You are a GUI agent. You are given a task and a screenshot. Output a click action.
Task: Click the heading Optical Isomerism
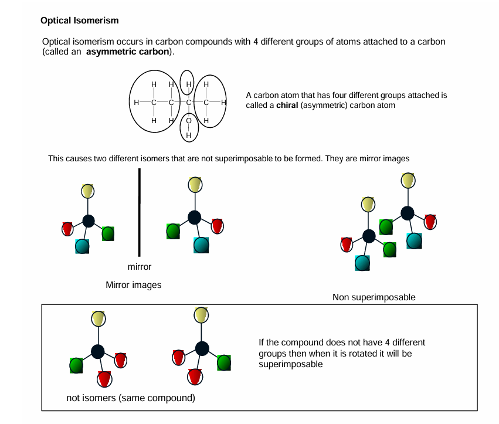tap(79, 21)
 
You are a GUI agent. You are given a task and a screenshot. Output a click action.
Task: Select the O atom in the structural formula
tap(189, 121)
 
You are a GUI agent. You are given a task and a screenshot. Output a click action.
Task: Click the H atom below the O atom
tap(189, 135)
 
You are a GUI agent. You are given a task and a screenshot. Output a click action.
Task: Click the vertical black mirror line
tap(140, 212)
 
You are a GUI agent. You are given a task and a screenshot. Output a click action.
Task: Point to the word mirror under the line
tap(140, 267)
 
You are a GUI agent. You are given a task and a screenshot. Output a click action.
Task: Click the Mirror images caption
tap(133, 285)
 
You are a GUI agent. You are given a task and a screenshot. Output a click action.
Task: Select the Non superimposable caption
tap(374, 297)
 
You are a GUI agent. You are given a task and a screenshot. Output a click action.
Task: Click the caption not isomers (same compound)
tap(130, 398)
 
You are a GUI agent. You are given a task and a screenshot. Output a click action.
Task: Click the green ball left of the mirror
tap(108, 233)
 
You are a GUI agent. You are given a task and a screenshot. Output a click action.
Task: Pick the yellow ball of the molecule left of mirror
tap(88, 191)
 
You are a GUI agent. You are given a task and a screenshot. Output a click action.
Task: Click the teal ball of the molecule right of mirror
tap(201, 244)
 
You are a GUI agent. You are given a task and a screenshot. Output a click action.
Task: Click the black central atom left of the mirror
tap(88, 221)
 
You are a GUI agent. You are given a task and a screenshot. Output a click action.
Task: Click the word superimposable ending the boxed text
tap(290, 364)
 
